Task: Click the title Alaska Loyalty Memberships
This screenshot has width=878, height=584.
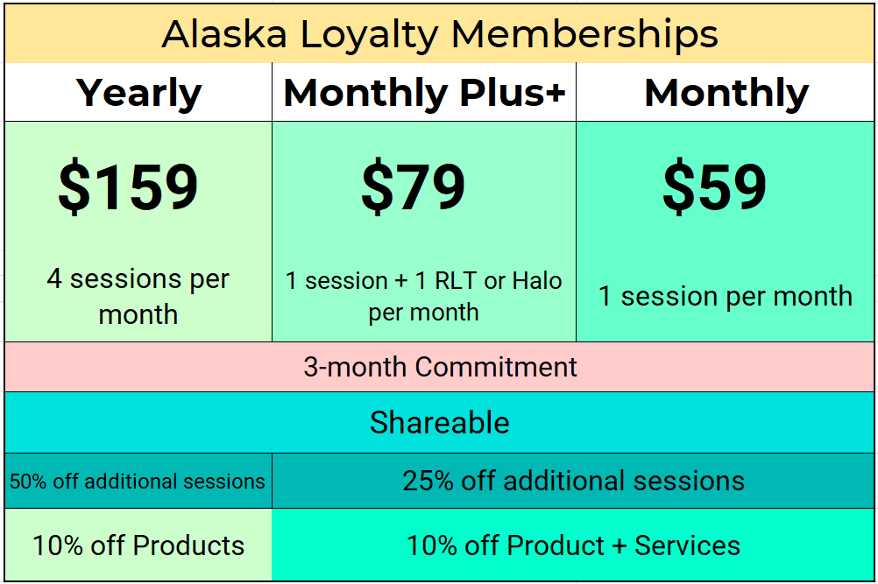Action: coord(440,34)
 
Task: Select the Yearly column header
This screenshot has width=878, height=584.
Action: coord(138,93)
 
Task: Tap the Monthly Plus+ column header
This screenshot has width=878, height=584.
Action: coord(424,93)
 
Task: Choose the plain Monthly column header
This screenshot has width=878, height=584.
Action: coord(726,93)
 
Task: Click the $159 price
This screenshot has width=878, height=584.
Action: coord(128,187)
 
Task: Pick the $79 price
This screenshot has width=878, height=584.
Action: coord(413,187)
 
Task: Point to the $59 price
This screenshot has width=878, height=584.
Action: coord(714,187)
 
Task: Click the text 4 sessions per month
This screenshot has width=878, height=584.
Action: coord(138,297)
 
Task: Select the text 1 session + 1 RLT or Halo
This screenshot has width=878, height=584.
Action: coord(423,281)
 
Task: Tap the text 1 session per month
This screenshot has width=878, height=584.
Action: coord(725,296)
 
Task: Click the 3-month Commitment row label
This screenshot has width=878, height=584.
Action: coord(440,367)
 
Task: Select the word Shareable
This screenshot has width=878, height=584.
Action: coord(439,423)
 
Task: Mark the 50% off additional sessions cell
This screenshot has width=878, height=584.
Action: coord(138,481)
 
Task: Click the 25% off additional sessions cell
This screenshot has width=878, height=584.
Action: coord(573,481)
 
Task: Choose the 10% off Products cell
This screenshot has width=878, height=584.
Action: coord(138,545)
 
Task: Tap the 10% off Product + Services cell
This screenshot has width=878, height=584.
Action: coord(573,545)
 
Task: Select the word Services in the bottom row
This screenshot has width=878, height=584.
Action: coord(687,545)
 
